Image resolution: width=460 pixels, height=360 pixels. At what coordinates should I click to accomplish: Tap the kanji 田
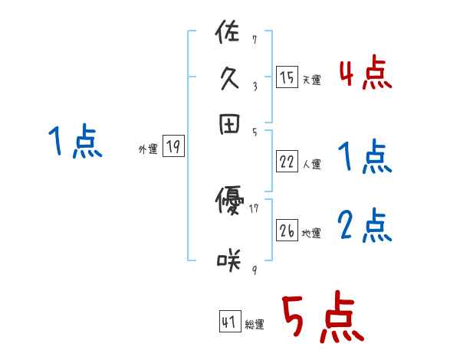(x=229, y=126)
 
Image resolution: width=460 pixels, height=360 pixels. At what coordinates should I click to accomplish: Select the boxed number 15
(x=287, y=77)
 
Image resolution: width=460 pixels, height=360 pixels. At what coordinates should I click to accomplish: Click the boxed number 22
(x=287, y=162)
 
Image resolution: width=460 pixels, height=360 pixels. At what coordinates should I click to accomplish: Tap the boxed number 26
(x=287, y=231)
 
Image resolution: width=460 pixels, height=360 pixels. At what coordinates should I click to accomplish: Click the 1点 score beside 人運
(x=365, y=159)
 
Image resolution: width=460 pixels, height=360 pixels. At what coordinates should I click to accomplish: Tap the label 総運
(x=255, y=325)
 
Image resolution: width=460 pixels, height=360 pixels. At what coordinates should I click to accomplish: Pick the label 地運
(x=312, y=234)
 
